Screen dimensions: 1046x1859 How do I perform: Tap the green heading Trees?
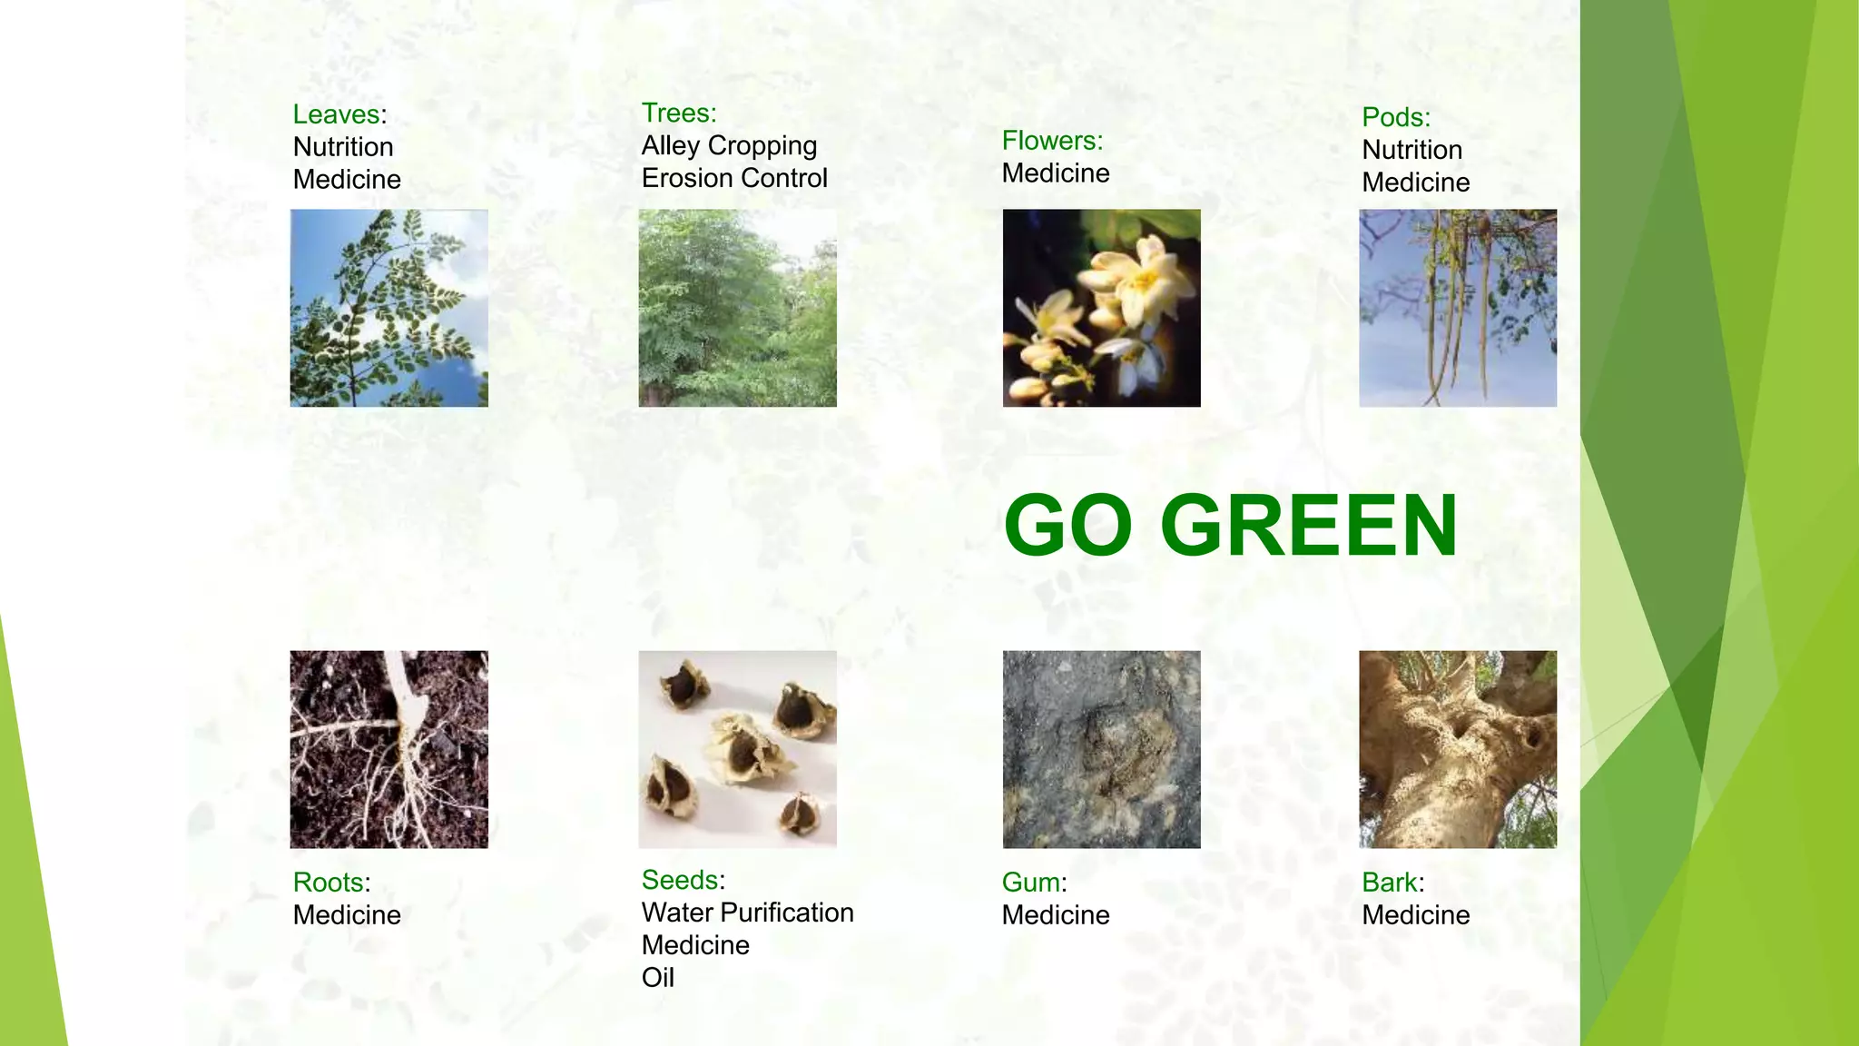pos(677,113)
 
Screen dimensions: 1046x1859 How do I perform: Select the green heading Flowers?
pos(1051,141)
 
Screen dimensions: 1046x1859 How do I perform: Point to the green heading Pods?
pos(1394,117)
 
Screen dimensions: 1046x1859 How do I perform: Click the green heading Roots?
pos(330,883)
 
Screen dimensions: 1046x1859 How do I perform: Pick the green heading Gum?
pos(1031,883)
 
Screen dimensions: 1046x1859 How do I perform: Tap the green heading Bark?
pos(1390,883)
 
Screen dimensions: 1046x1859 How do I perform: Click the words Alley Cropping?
pos(729,146)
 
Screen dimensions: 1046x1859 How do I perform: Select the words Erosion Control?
pos(734,178)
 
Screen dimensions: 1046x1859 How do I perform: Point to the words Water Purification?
pos(747,913)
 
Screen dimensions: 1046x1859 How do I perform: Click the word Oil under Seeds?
pos(657,978)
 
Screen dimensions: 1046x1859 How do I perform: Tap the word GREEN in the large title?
pos(1308,526)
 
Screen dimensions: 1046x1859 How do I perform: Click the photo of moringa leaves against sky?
pos(389,308)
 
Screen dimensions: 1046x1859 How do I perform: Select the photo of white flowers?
pos(1101,308)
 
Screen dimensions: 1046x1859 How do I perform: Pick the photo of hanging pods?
pos(1457,308)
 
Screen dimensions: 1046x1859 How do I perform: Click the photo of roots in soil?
pos(389,749)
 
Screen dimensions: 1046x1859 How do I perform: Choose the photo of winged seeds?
pos(737,749)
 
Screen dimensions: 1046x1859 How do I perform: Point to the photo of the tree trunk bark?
pos(1457,749)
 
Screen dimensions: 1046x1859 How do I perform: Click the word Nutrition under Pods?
pos(1411,150)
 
